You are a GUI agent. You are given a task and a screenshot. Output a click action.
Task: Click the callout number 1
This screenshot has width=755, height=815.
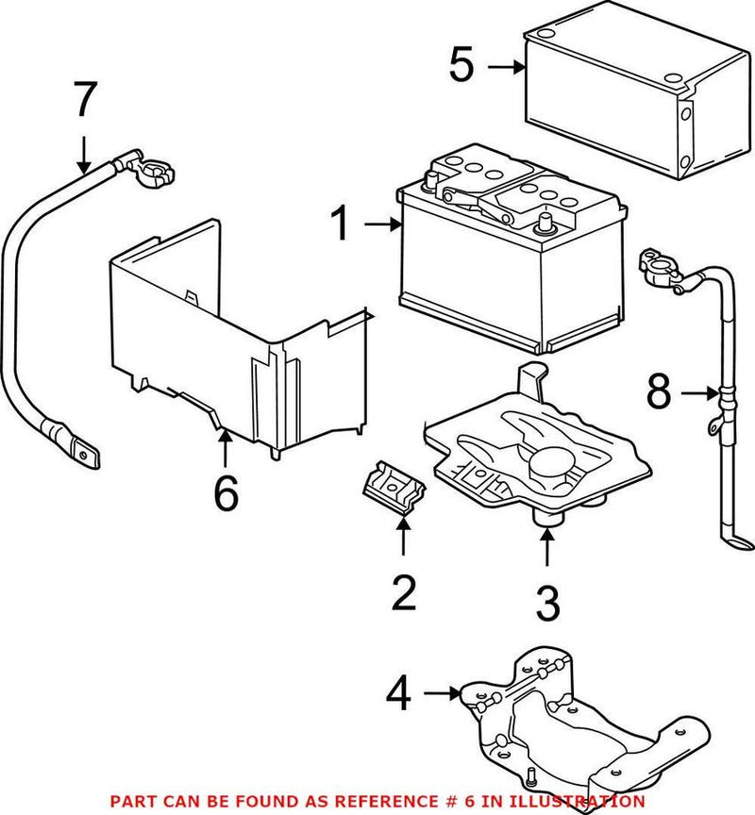click(x=341, y=225)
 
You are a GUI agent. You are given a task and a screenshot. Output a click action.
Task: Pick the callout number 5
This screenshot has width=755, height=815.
click(x=462, y=67)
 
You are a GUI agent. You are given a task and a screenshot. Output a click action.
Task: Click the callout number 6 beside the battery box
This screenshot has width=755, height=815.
click(x=225, y=491)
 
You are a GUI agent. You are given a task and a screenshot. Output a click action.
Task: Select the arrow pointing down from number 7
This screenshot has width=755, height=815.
click(x=85, y=153)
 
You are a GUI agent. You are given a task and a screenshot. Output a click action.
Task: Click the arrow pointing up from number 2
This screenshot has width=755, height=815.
click(x=403, y=538)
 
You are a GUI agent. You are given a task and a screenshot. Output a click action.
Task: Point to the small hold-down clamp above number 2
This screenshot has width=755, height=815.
click(x=394, y=489)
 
